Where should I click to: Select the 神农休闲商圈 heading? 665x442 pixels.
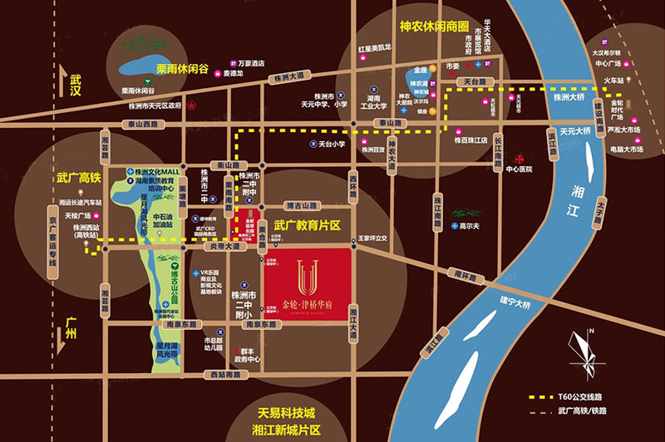tap(413, 27)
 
